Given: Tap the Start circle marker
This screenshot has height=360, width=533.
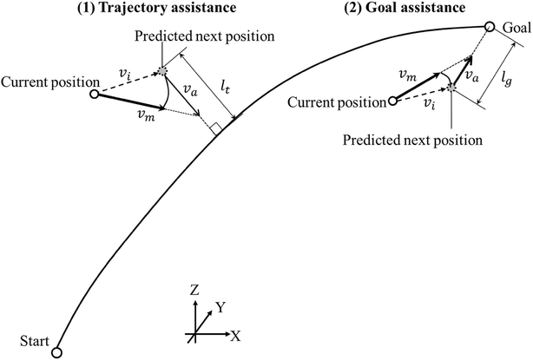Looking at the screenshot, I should point(56,352).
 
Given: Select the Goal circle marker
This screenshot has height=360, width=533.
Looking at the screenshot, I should point(490,27).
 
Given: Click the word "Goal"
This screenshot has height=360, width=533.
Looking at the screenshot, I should point(516,28).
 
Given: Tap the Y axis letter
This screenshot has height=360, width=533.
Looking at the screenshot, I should point(221,307).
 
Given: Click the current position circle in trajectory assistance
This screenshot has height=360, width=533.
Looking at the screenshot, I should point(94,93).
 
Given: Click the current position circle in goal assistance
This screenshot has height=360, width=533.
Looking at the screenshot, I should point(392,101).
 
